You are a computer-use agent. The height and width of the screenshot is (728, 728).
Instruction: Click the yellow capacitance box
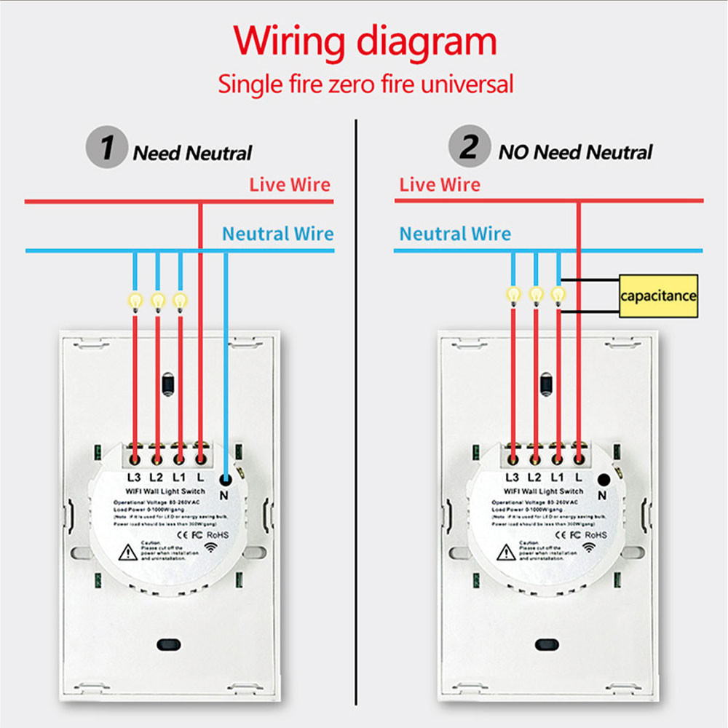point(658,296)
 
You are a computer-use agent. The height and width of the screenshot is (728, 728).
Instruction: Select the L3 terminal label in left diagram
point(133,478)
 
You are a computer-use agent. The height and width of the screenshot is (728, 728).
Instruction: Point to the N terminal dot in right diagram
point(604,479)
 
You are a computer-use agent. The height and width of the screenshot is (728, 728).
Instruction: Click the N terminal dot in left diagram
point(226,479)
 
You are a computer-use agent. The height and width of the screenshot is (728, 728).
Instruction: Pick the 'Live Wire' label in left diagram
point(289,185)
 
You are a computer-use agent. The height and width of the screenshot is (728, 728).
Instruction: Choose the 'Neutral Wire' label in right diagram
point(455,234)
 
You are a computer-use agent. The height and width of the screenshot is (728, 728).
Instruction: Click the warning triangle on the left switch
point(128,553)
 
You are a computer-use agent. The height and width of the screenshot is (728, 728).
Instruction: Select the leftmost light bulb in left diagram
point(135,299)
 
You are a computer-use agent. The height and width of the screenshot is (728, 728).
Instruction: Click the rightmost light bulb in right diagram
point(558,294)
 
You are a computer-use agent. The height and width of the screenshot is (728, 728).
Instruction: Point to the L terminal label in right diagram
point(579,478)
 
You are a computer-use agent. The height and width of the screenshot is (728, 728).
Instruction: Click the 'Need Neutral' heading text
point(192,154)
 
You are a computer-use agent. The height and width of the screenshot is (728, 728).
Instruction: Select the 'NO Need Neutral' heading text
point(575,152)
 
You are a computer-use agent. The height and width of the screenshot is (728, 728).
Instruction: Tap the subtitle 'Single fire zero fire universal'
point(365,84)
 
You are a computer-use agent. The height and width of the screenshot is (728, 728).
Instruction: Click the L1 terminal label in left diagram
point(178,478)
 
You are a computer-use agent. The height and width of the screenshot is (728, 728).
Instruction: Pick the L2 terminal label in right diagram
point(534,478)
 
